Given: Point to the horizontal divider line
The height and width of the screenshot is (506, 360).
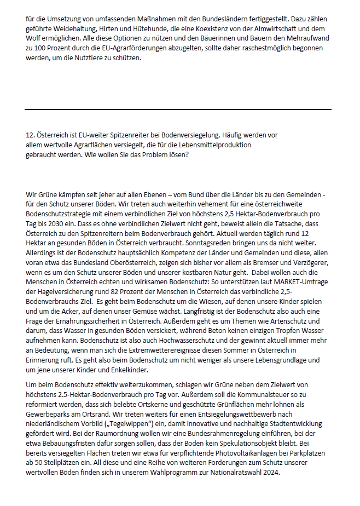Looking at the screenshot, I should (178, 110).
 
